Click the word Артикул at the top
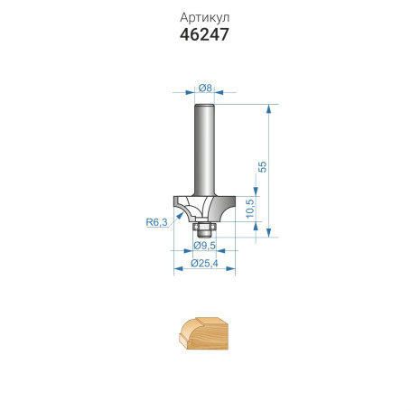(205, 18)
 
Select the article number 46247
(204, 34)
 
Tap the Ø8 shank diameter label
(205, 88)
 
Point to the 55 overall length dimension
(263, 167)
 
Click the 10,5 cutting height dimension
(250, 209)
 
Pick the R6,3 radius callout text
(156, 222)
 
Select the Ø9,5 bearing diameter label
(204, 246)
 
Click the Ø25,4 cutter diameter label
(204, 264)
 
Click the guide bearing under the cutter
(204, 229)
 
